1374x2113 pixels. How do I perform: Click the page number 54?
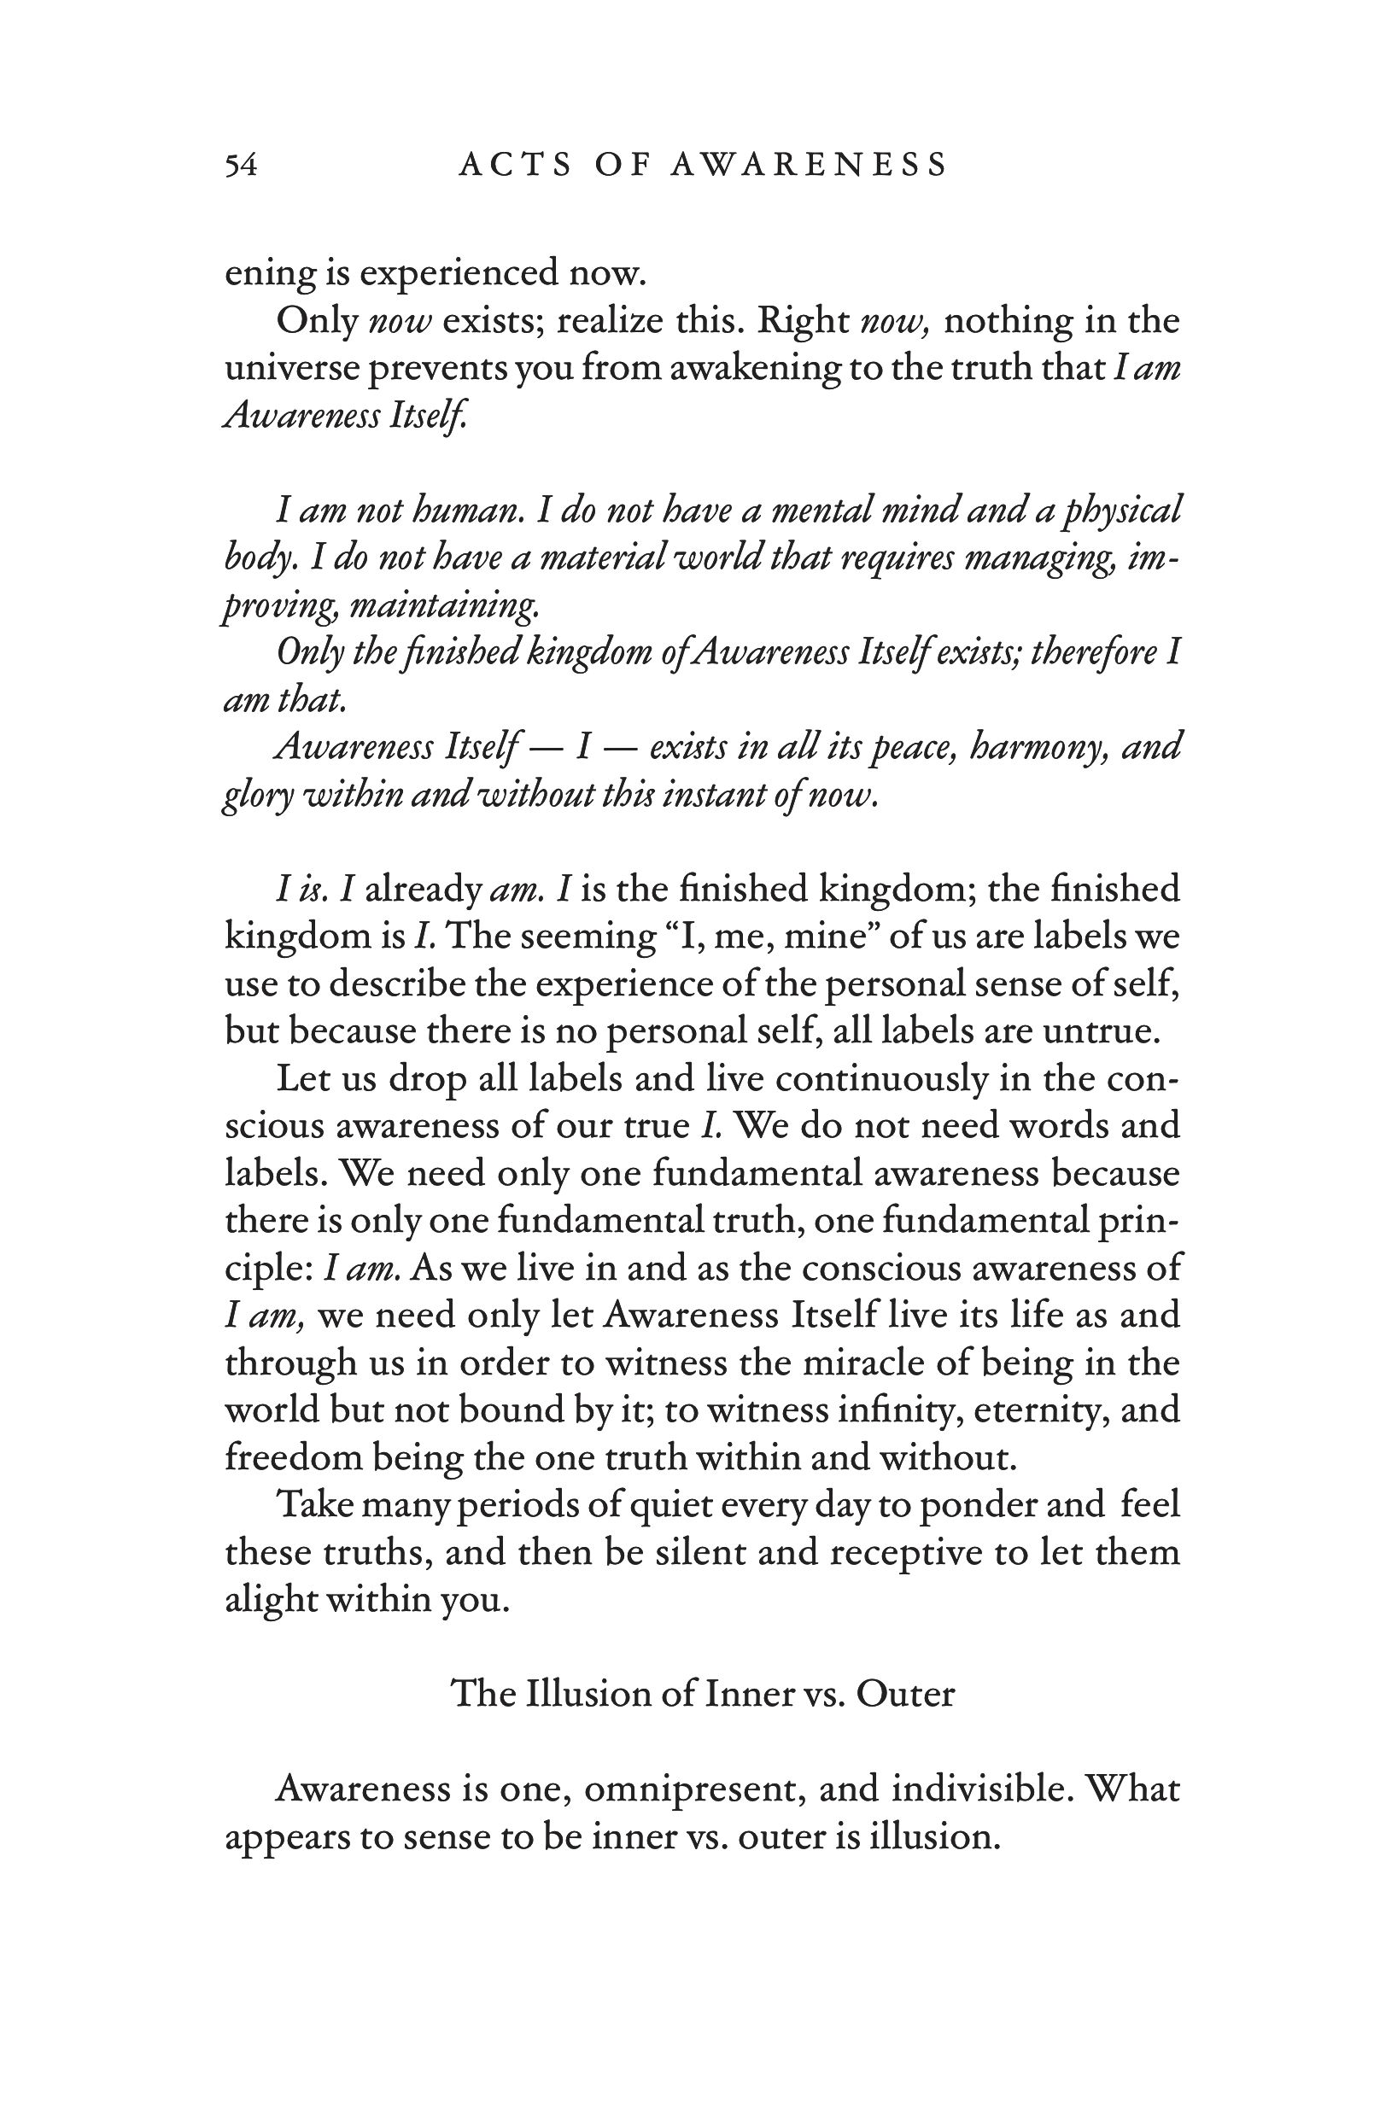click(x=241, y=165)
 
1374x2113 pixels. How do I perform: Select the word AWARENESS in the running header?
click(x=807, y=165)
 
